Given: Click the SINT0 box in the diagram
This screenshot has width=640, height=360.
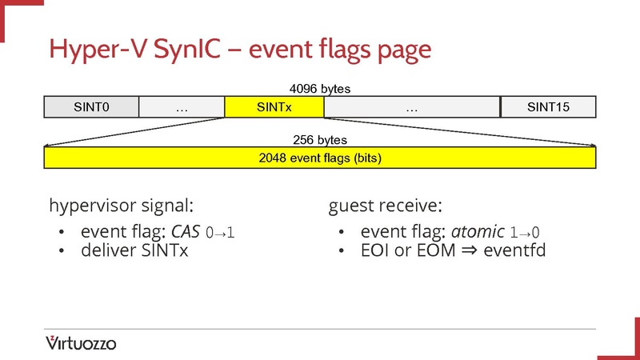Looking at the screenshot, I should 90,107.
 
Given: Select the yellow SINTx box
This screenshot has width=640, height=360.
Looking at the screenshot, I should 274,107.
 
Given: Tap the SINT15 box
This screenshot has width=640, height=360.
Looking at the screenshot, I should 548,107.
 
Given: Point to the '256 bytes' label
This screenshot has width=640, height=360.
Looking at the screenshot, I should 320,140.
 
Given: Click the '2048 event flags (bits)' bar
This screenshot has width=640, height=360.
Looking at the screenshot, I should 320,158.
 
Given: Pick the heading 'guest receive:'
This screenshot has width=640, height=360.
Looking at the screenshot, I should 385,205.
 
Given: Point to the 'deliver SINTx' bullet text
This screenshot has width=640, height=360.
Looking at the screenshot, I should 134,251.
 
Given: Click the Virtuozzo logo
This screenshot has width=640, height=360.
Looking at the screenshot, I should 81,343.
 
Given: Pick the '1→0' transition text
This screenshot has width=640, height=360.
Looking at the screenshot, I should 525,234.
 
